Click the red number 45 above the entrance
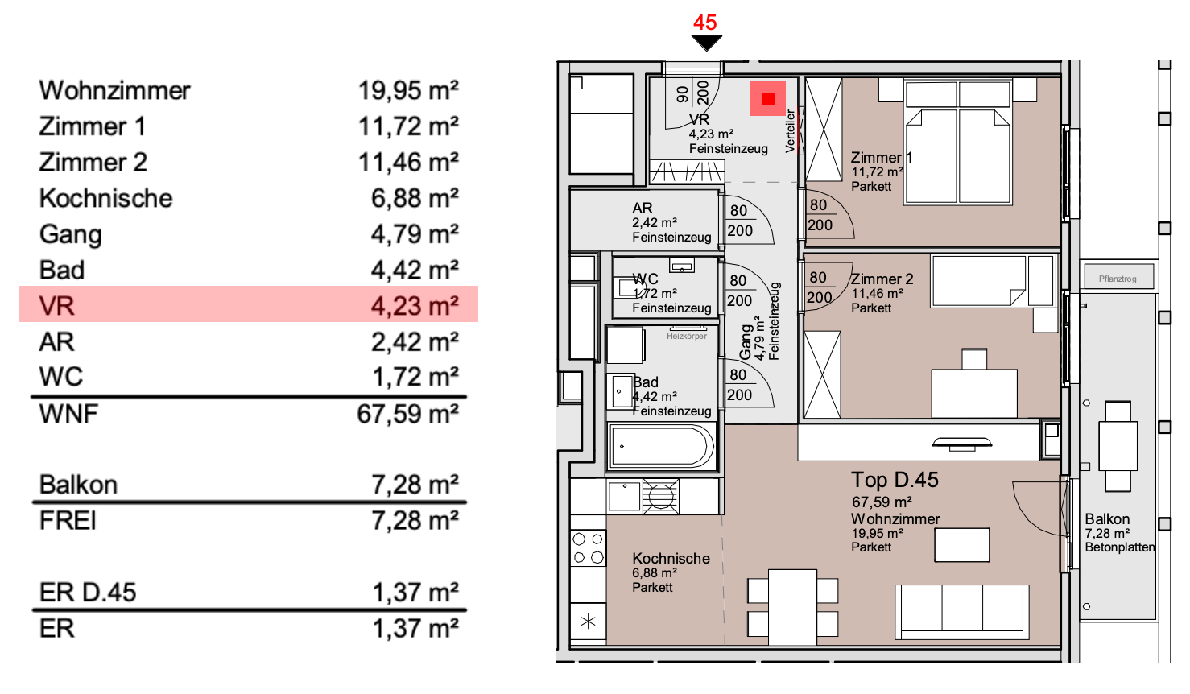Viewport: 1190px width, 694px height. point(704,23)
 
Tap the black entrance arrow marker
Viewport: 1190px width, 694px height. point(706,43)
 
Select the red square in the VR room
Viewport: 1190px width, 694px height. point(768,98)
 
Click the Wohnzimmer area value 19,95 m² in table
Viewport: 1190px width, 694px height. point(408,90)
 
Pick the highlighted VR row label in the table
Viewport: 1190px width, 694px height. point(56,306)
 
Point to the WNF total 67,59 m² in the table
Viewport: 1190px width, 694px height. point(407,414)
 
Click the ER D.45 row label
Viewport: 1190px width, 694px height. point(88,593)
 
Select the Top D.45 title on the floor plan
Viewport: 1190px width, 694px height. point(895,480)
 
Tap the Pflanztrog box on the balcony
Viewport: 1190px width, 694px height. point(1118,278)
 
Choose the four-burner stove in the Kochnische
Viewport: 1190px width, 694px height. point(588,548)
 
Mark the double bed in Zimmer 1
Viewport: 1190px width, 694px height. point(957,145)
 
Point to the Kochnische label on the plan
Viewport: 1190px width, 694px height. point(671,558)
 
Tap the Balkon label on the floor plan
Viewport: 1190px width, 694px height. point(1107,519)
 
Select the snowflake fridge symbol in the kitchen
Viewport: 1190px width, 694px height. point(588,621)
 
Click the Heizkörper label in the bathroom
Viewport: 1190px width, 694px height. point(686,336)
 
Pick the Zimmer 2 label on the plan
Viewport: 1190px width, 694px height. point(882,279)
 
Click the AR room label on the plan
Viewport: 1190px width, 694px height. point(642,209)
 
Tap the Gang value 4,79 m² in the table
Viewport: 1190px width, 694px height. point(414,234)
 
